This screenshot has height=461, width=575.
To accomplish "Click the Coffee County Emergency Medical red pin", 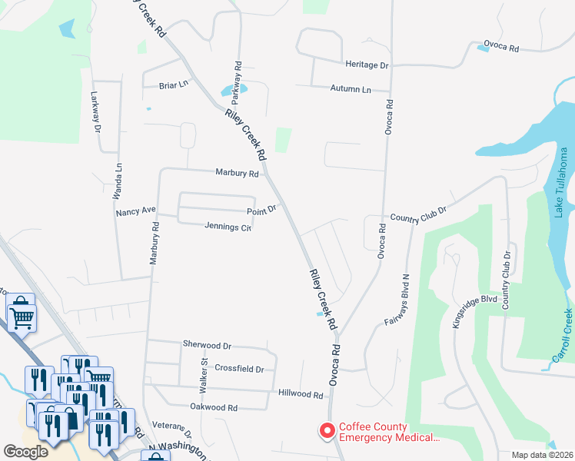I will tap(326, 432).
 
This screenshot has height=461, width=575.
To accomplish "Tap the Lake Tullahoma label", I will tap(562, 183).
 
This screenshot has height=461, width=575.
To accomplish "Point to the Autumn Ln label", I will tap(351, 89).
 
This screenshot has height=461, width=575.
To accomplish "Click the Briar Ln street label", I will tap(173, 85).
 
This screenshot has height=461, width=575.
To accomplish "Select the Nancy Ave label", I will tap(135, 210).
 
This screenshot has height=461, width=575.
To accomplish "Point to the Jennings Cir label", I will tap(228, 227).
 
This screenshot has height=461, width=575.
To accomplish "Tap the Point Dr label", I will tap(261, 210).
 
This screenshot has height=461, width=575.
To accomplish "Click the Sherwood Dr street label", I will tap(207, 346).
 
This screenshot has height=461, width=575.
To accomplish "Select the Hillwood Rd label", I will tap(300, 394).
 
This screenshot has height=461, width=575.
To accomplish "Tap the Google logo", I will tap(26, 451).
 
